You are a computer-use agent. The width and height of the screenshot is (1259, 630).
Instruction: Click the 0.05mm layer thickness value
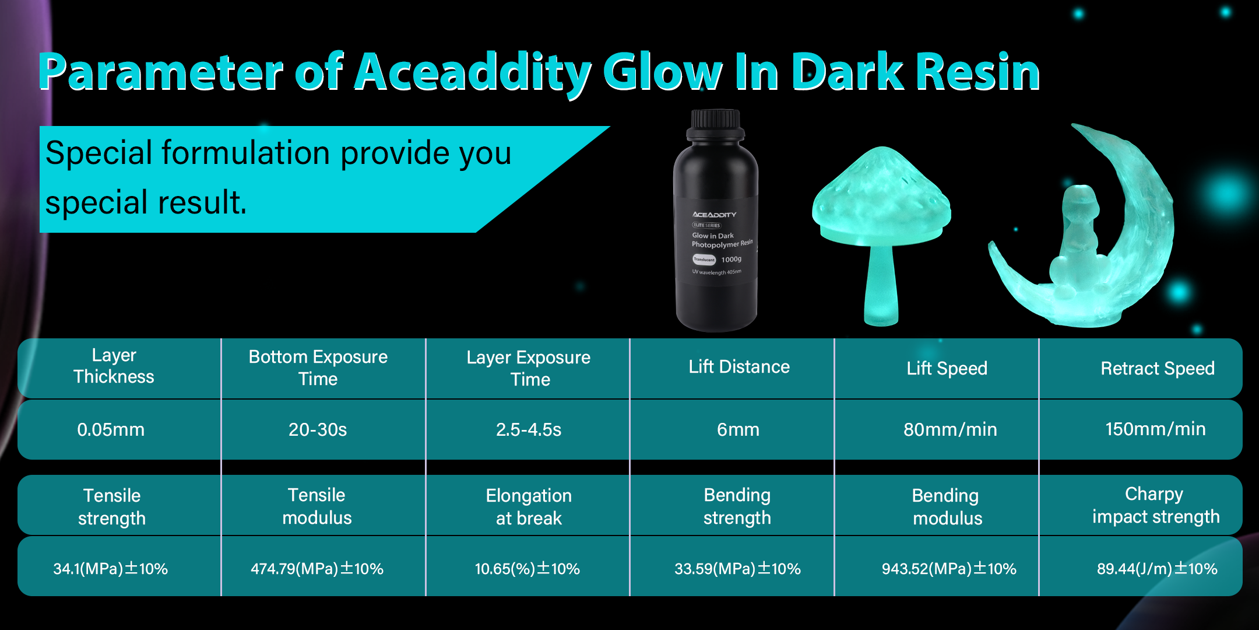(111, 429)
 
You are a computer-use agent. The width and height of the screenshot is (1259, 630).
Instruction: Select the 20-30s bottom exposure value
(318, 429)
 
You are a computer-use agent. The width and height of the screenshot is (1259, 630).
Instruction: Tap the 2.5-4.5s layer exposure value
(529, 429)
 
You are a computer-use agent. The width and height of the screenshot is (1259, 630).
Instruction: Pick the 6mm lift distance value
(738, 430)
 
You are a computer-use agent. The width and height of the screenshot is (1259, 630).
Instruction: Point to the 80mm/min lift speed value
(950, 429)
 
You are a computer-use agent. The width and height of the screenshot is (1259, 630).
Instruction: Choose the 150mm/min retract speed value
(1155, 429)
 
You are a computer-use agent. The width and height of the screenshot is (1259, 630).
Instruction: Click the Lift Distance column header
(739, 366)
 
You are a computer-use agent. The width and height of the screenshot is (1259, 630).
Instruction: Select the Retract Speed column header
(1158, 368)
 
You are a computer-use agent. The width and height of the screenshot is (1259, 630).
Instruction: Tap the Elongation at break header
(529, 506)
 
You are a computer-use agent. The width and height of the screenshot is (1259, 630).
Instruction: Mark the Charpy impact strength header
(1156, 505)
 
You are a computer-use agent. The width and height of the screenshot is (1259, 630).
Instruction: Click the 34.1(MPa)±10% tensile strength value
(111, 568)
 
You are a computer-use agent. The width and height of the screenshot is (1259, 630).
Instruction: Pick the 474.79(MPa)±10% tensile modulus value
(317, 568)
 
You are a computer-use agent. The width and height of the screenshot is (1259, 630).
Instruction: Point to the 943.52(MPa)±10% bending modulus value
(949, 568)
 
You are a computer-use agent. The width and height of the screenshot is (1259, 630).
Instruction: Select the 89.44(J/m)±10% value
(1157, 568)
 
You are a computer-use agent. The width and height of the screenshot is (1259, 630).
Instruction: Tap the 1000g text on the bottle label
(732, 259)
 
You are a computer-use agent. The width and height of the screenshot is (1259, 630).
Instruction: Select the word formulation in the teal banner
(246, 153)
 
